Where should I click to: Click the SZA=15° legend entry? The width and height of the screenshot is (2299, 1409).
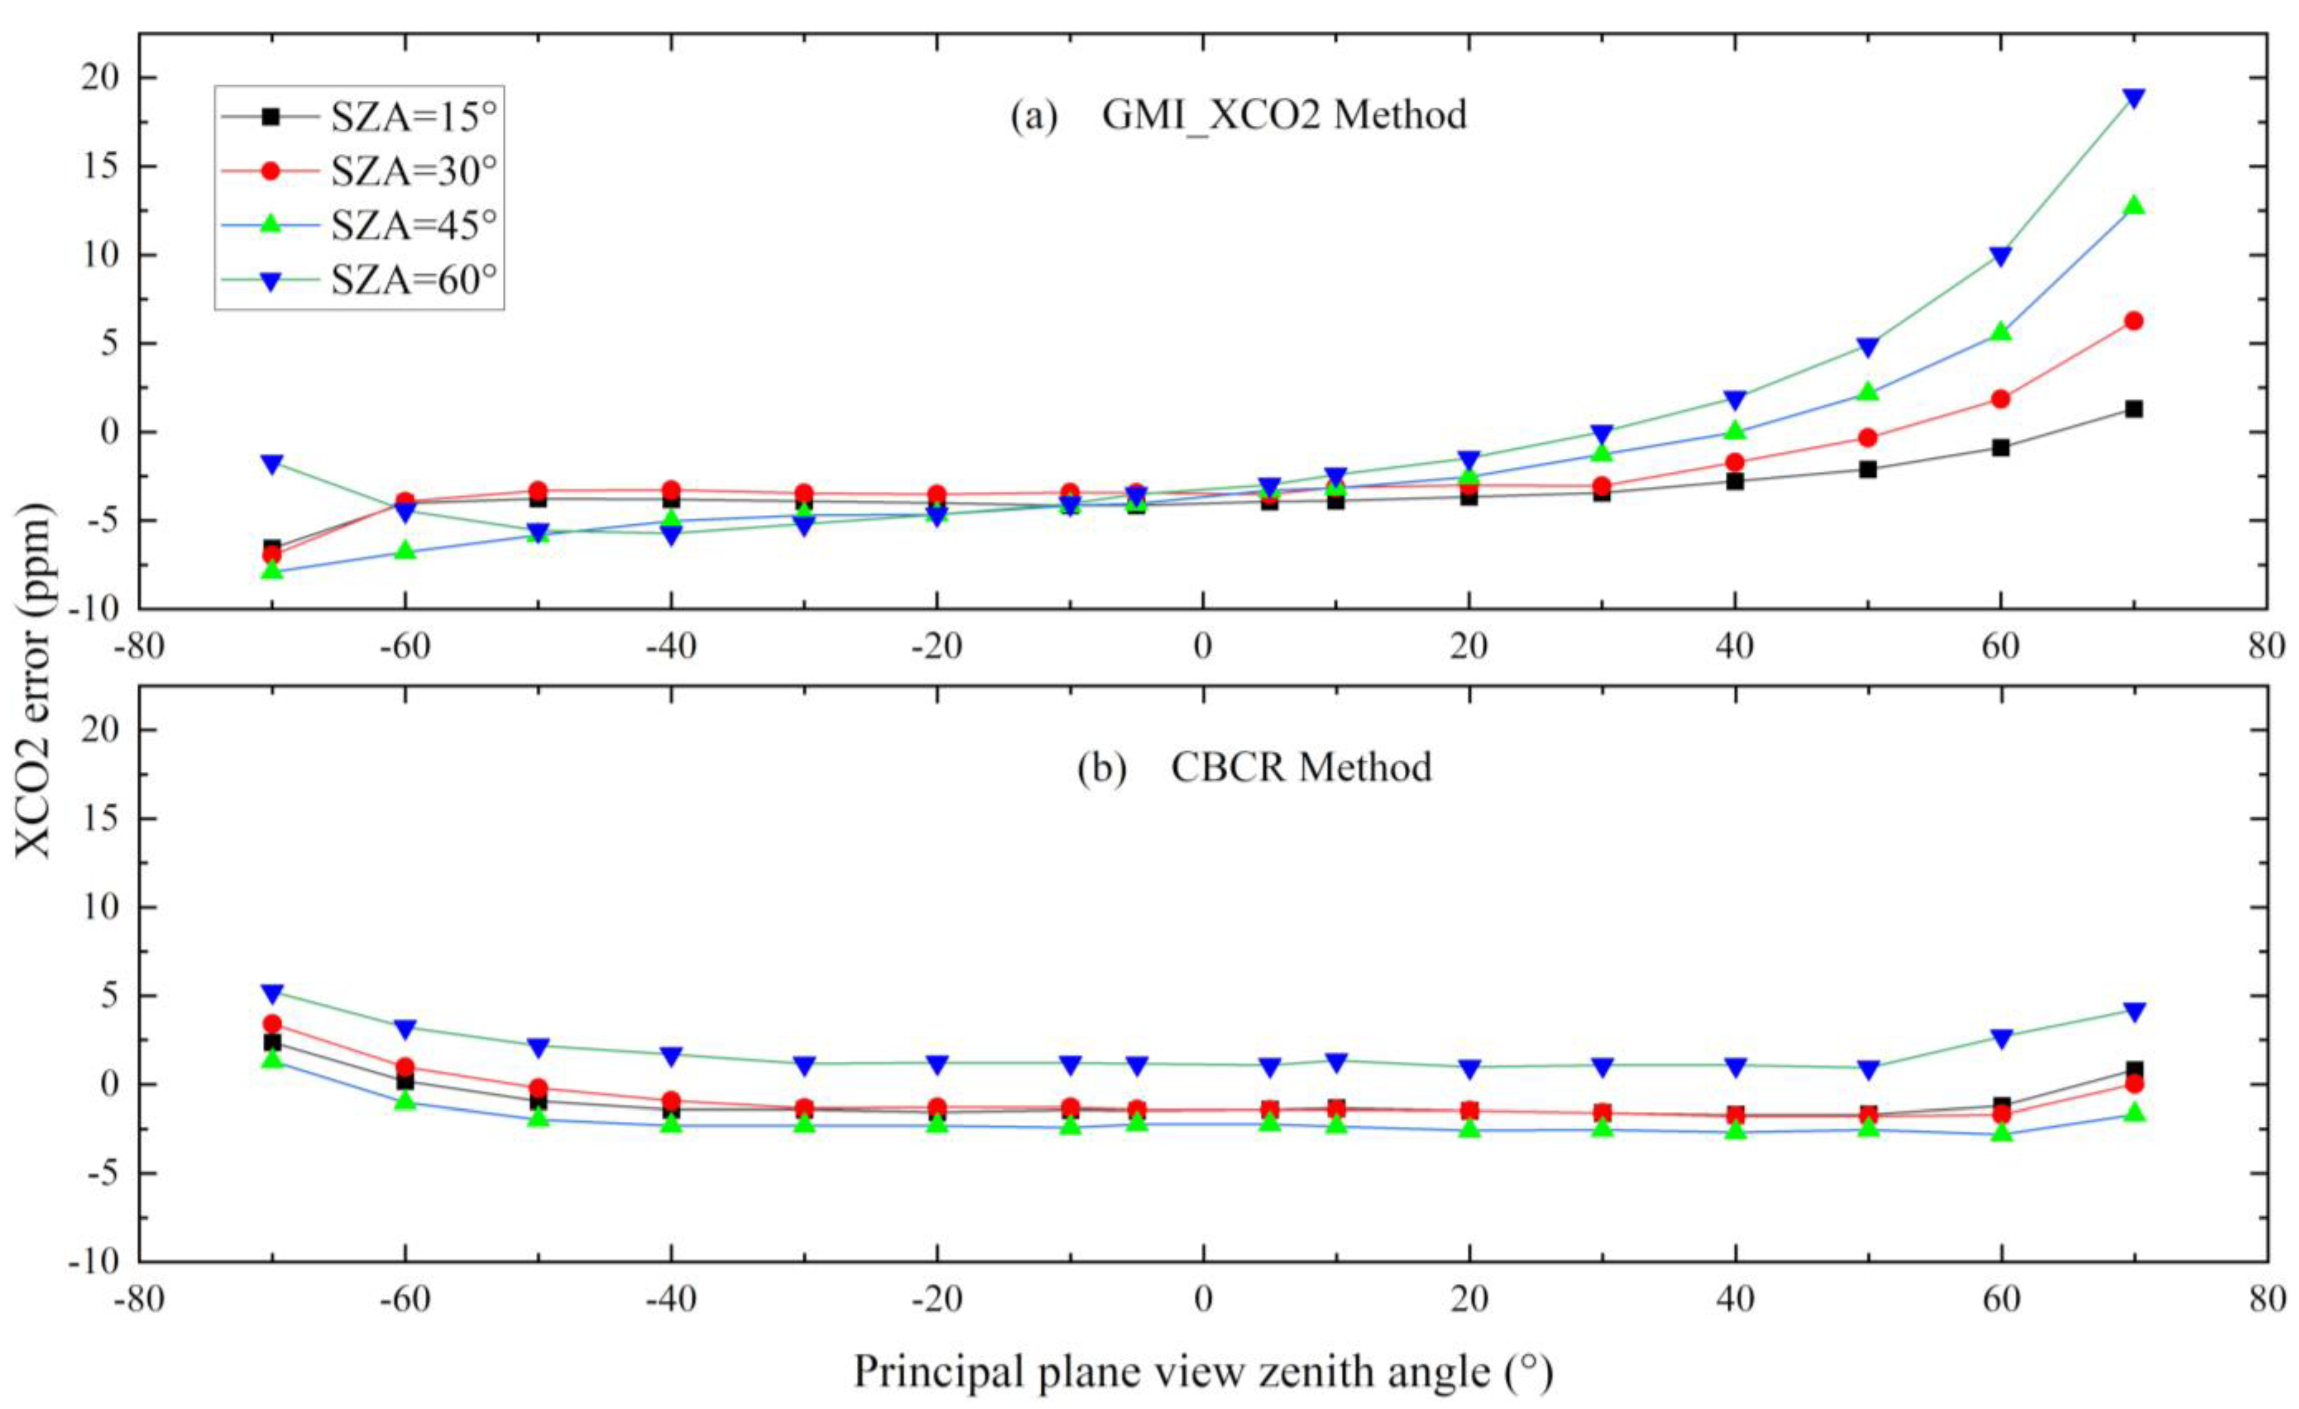point(359,117)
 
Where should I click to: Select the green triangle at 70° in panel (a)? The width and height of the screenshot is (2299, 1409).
point(2133,205)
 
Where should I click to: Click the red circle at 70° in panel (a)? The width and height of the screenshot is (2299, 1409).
point(2133,321)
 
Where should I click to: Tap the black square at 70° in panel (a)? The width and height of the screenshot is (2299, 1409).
point(2133,408)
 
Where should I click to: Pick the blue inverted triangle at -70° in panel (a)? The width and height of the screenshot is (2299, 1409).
point(271,464)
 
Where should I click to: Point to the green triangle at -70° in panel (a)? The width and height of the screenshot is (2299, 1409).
point(271,568)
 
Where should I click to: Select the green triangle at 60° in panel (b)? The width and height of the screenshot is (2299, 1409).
point(2000,1132)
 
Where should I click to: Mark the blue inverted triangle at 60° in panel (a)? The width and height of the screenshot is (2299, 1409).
point(2000,256)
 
